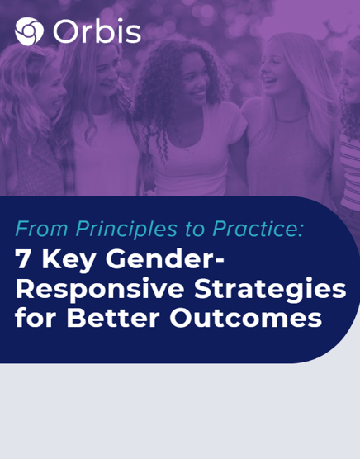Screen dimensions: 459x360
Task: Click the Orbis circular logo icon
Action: [29, 32]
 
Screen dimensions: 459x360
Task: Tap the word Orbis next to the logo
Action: [97, 32]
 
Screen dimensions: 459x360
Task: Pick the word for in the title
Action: [34, 317]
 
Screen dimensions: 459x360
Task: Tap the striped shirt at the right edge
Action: [350, 165]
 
